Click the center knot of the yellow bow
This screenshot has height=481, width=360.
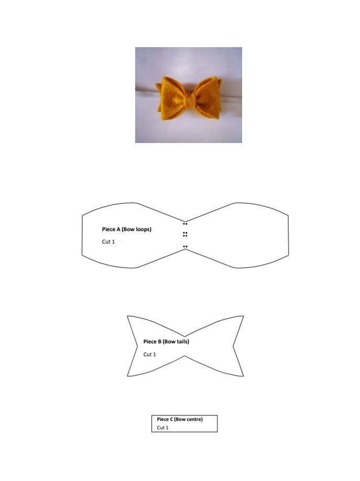[190, 100]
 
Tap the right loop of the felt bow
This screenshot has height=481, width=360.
[206, 96]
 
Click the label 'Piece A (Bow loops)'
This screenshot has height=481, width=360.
[126, 229]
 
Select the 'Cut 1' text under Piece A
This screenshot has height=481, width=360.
[108, 242]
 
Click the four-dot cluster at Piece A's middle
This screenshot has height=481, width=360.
[185, 234]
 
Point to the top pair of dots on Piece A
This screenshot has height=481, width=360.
[185, 224]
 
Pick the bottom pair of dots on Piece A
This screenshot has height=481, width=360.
[185, 246]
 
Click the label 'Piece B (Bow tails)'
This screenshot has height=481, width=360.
[166, 342]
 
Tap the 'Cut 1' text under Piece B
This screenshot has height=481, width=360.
[150, 354]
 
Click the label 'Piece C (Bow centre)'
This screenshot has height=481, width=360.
[180, 419]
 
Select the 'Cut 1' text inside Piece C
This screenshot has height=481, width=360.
[162, 428]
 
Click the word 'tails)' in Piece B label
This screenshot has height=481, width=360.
[183, 342]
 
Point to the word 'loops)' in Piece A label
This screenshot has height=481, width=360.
[143, 229]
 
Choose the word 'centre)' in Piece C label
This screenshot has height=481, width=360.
[193, 419]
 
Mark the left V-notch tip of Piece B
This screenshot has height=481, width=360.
[137, 346]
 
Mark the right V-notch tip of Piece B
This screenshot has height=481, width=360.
[233, 346]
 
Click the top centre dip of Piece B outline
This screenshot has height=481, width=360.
[184, 336]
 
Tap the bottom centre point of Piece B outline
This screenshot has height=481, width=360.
[184, 356]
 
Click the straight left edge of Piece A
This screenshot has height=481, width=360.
[82, 235]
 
